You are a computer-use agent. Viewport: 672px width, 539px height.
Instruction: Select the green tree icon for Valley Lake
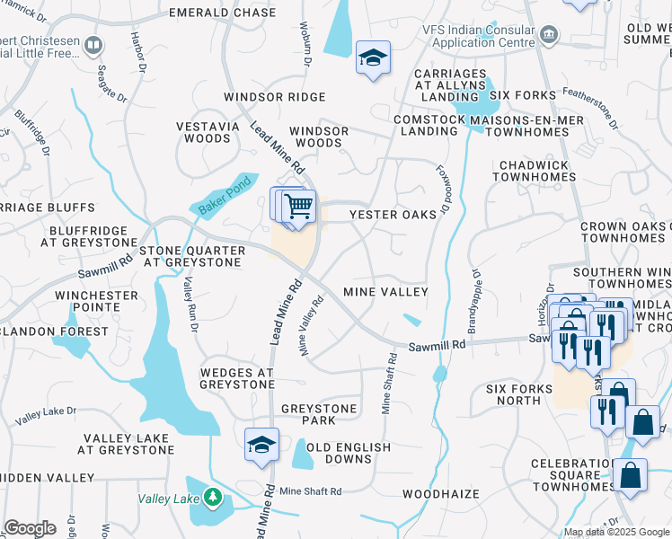[x=212, y=496]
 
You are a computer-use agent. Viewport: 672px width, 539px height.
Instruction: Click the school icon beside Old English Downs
[x=261, y=445]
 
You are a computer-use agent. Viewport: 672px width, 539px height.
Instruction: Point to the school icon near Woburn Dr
[x=373, y=57]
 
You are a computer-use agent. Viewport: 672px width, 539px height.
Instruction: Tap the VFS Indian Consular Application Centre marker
[x=550, y=35]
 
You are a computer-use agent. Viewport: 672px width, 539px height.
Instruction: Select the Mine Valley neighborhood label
[x=385, y=292]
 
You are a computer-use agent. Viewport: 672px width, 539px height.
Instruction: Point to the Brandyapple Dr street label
[x=469, y=295]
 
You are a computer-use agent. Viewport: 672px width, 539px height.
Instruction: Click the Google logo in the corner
[x=30, y=528]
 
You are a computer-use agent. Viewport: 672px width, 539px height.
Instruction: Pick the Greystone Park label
[x=319, y=415]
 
